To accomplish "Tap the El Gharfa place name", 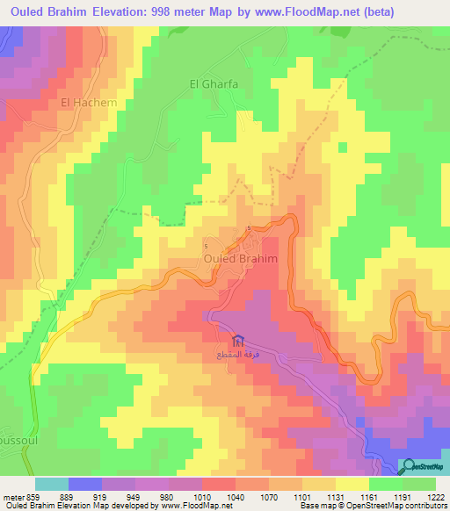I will pyautogui.click(x=214, y=84).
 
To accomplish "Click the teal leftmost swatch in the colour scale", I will pyautogui.click(x=51, y=484).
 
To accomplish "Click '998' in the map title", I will pyautogui.click(x=176, y=11).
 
